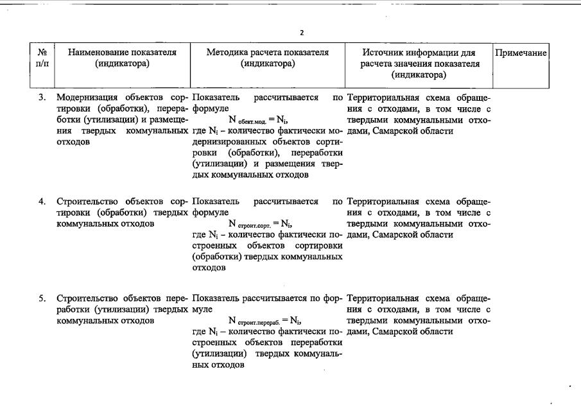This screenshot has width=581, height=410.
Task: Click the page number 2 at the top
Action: [302, 33]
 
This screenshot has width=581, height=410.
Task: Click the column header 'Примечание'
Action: [521, 53]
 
